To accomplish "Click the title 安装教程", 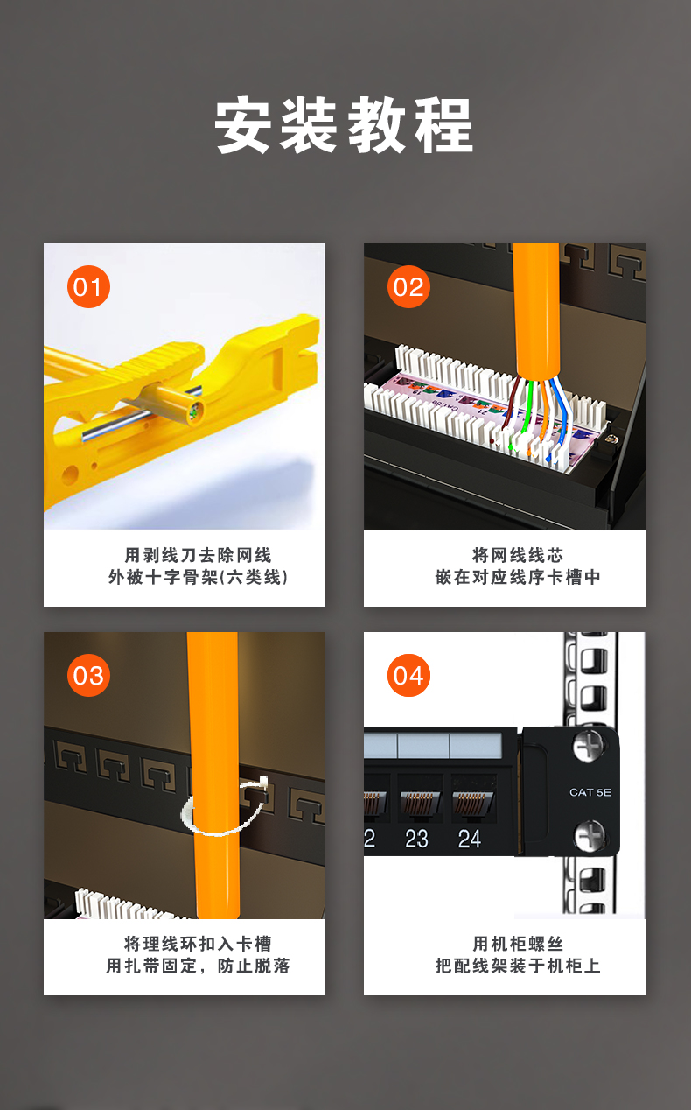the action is pyautogui.click(x=344, y=125).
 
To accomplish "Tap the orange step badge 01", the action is pyautogui.click(x=88, y=286).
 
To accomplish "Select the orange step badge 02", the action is pyautogui.click(x=408, y=286).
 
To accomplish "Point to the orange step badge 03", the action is pyautogui.click(x=88, y=675).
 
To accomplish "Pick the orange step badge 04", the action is pyautogui.click(x=408, y=675).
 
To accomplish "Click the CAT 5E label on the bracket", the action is pyautogui.click(x=590, y=792).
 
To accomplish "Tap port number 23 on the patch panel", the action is pyautogui.click(x=416, y=839).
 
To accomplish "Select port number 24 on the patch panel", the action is pyautogui.click(x=469, y=839).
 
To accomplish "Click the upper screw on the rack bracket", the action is pyautogui.click(x=588, y=746).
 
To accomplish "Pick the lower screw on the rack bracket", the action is pyautogui.click(x=589, y=835).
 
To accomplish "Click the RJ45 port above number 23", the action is pyautogui.click(x=420, y=799).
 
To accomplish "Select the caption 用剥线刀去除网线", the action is pyautogui.click(x=198, y=555).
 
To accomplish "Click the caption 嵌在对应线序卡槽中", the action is pyautogui.click(x=518, y=577).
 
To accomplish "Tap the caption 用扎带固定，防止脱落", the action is pyautogui.click(x=198, y=966).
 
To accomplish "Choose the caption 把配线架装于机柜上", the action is pyautogui.click(x=518, y=966).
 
